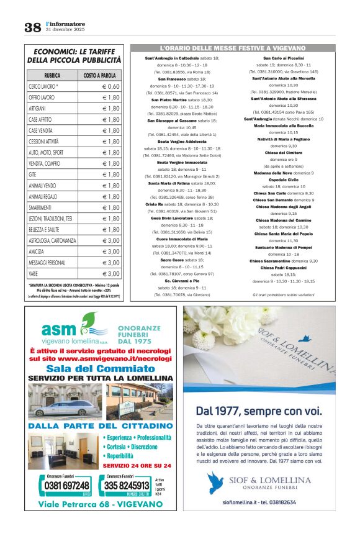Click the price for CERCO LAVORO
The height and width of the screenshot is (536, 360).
[x=111, y=86]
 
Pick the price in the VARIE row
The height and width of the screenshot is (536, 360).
[x=111, y=273]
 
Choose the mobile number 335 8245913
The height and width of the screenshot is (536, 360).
[x=126, y=485]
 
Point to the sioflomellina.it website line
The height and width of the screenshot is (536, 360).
[x=259, y=502]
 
